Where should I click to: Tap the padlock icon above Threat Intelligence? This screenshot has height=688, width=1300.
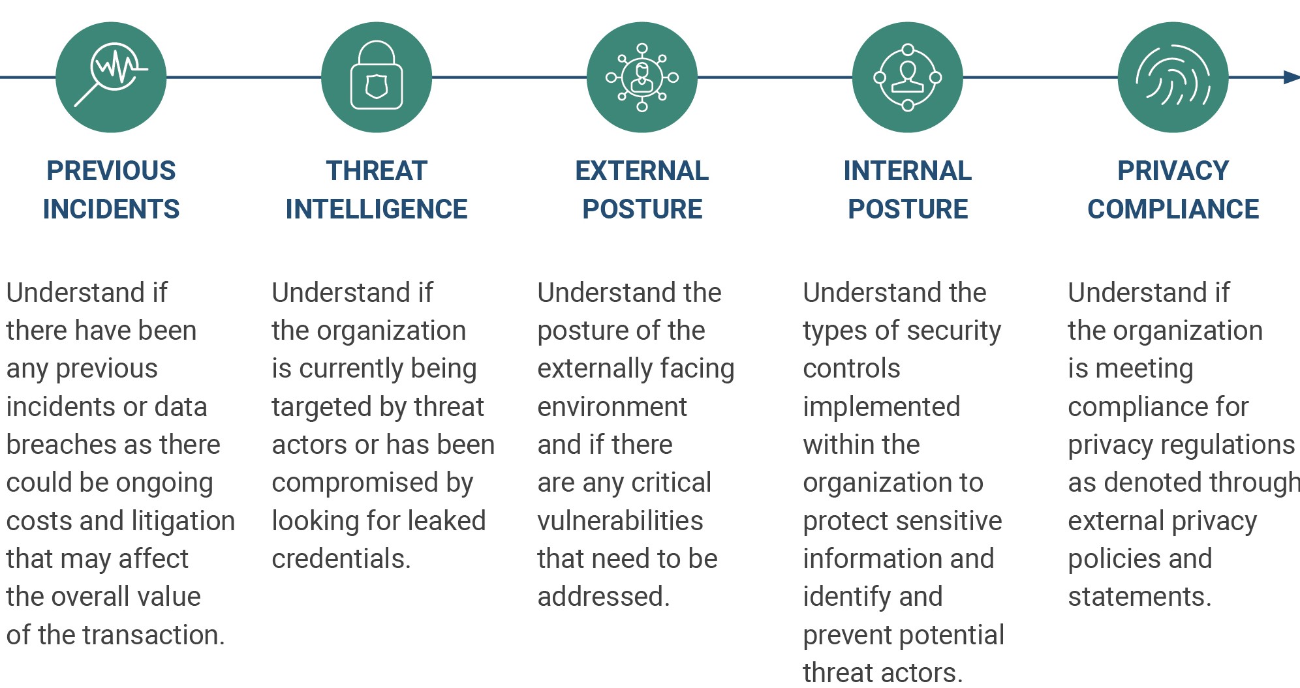click(x=377, y=77)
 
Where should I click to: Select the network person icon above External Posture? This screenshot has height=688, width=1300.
click(x=642, y=77)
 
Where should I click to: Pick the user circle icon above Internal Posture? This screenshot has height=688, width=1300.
click(x=908, y=77)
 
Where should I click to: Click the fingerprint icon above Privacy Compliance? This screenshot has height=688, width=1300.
click(x=1173, y=77)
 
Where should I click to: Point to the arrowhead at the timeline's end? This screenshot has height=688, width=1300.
click(x=1292, y=77)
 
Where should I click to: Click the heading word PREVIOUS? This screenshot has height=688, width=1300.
click(x=111, y=171)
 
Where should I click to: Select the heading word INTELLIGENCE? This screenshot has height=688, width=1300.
click(x=377, y=209)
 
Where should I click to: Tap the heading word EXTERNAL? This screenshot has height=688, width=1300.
click(x=642, y=171)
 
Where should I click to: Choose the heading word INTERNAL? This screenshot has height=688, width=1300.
click(x=908, y=171)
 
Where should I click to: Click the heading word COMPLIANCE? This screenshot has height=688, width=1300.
click(x=1173, y=209)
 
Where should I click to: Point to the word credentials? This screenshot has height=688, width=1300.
click(x=341, y=559)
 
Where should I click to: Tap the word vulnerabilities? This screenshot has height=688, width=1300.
click(x=620, y=521)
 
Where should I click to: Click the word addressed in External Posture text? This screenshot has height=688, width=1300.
click(x=604, y=597)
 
